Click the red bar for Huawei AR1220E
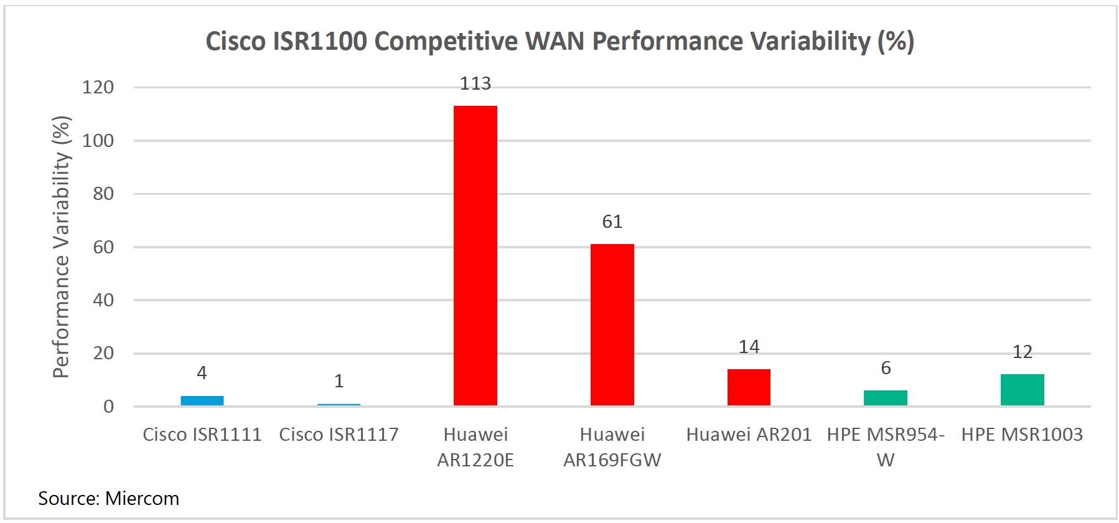pos(475,255)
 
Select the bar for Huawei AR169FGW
pos(612,324)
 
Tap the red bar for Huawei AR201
pos(749,387)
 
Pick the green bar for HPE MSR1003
pos(1022,390)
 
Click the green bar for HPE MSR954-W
pos(885,398)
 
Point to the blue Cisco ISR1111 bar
pos(202,400)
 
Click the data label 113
pos(475,83)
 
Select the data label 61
pos(612,222)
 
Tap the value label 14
pos(749,347)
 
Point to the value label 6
pos(886,368)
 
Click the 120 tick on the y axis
pos(98,87)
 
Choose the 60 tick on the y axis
pos(103,247)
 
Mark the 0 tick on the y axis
pos(109,407)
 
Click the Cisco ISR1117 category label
pos(339,435)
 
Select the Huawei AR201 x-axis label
pos(749,435)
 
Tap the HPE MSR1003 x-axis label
pos(1022,435)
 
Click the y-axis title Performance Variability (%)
pos(61,247)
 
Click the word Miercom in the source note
pos(142,499)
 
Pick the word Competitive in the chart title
pos(446,42)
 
